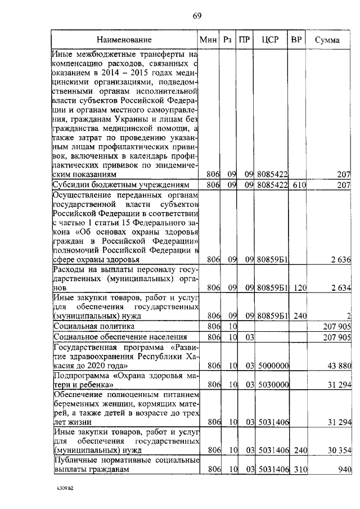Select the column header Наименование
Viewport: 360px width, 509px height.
(x=124, y=40)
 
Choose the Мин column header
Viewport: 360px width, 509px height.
(x=208, y=40)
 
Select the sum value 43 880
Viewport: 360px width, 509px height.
(x=339, y=366)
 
